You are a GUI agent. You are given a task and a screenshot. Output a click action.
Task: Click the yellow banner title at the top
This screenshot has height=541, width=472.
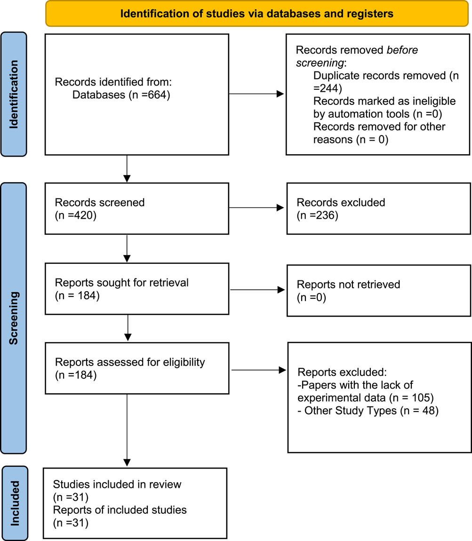pos(256,14)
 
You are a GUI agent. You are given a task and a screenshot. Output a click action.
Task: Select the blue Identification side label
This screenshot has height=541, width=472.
pos(14,94)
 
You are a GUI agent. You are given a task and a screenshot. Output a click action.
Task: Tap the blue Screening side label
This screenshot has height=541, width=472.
pos(14,318)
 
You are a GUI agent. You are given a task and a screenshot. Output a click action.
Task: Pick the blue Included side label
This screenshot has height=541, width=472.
pos(15,503)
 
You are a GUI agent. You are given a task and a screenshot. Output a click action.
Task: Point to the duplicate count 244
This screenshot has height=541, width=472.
pos(328,88)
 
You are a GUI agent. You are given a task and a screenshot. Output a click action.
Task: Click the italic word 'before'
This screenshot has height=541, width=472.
pos(402,50)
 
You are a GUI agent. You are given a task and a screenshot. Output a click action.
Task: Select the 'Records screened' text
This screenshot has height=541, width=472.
pos(100,203)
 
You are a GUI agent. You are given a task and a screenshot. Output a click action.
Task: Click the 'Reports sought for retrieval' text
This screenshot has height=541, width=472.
pos(122,283)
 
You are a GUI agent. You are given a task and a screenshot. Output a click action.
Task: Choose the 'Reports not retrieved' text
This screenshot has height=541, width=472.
pos(349,284)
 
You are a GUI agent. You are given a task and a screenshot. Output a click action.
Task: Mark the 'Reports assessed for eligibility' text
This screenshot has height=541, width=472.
pos(130,362)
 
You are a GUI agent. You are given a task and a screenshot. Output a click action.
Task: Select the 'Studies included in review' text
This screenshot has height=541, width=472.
pos(117,485)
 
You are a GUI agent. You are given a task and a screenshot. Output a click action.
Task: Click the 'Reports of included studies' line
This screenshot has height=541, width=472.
pos(120,510)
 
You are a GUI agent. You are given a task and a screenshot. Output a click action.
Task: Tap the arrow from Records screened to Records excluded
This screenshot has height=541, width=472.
pos(256,208)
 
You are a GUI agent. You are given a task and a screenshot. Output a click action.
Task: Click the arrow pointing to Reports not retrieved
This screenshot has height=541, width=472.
pos(257,290)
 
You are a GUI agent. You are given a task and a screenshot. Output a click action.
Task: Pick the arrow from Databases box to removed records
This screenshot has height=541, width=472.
pos(256,94)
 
